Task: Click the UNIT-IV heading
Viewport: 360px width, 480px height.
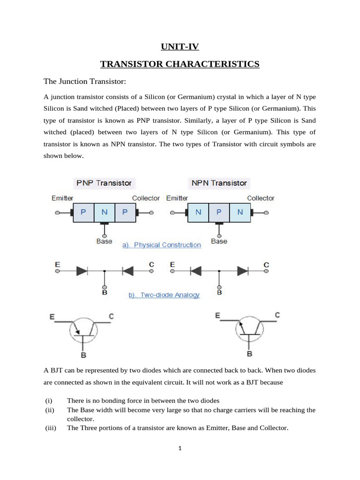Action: click(180, 46)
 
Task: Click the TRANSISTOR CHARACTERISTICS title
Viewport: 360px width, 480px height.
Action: click(180, 64)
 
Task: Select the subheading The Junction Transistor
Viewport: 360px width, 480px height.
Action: click(85, 82)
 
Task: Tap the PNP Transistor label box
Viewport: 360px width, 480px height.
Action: click(104, 183)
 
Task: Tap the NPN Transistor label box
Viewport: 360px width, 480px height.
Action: click(218, 183)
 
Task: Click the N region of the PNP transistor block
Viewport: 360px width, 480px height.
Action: click(105, 212)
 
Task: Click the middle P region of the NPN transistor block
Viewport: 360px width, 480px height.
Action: click(219, 212)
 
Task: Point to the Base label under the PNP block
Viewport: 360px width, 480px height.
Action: click(104, 241)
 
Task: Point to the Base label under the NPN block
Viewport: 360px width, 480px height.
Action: click(219, 241)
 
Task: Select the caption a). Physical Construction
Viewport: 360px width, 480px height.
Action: click(161, 245)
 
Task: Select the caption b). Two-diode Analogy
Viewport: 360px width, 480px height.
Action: click(164, 295)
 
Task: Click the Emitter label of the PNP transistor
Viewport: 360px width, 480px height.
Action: click(62, 198)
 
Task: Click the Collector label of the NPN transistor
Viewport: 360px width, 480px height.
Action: click(261, 198)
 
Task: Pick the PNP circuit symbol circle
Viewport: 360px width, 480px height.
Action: click(83, 331)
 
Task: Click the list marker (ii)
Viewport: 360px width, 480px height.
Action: click(50, 410)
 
